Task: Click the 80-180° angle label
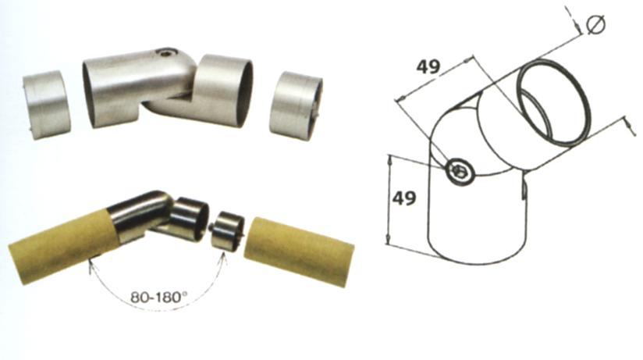(158, 297)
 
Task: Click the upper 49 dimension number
(428, 66)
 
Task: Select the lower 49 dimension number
(404, 198)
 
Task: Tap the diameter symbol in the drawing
(596, 25)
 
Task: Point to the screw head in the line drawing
(459, 171)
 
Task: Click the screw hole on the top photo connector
(165, 53)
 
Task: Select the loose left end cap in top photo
(46, 105)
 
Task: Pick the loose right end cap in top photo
(296, 107)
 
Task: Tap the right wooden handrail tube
(299, 252)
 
